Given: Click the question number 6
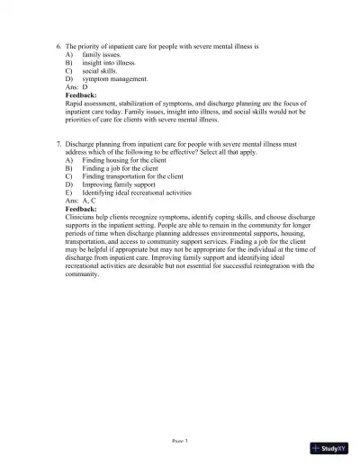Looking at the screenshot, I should (58, 44).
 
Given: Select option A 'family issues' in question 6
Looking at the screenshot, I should (101, 54).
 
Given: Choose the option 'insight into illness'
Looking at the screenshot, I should (107, 63).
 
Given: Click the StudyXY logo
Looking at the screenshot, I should (328, 447).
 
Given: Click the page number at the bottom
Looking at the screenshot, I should (180, 440).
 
